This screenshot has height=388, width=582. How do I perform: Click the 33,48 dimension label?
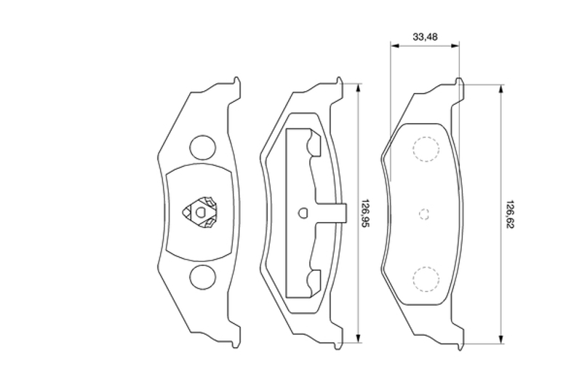[x=425, y=36]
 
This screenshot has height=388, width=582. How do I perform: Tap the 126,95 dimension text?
[x=366, y=214]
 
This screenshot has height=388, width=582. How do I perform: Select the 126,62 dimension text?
[x=510, y=215]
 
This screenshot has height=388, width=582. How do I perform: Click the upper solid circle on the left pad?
[x=202, y=148]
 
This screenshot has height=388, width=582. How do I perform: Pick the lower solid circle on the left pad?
[x=202, y=278]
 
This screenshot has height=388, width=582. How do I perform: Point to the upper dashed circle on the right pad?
[x=426, y=149]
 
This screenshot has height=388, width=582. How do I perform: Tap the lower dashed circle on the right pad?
[x=426, y=279]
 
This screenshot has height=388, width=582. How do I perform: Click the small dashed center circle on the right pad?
[x=424, y=214]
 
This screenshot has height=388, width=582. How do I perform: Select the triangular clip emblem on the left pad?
[x=199, y=213]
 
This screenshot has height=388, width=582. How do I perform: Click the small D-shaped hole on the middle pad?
[x=303, y=213]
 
